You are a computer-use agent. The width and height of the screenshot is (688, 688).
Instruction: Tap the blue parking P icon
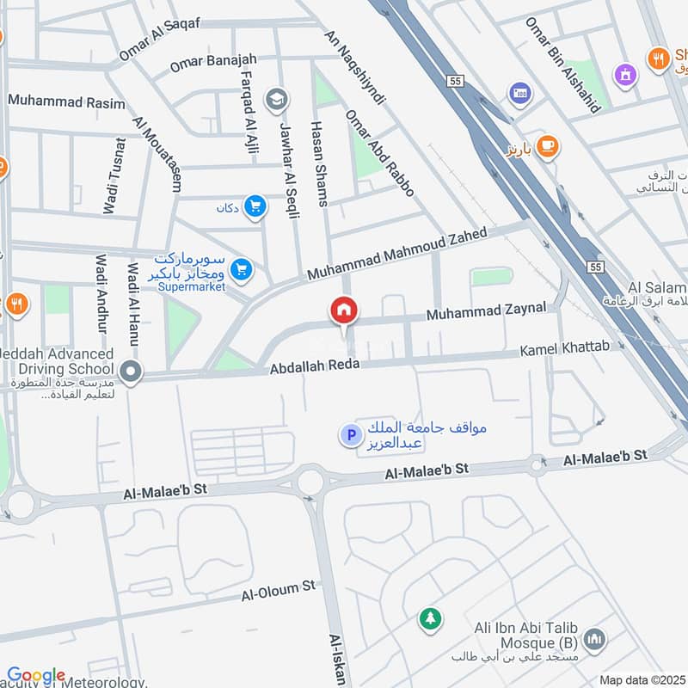point(350,437)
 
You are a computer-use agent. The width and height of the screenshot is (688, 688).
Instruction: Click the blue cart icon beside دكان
point(254,206)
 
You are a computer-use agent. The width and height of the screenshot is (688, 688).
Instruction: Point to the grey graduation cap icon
point(276,100)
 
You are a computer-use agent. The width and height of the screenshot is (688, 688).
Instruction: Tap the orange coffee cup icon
point(546,148)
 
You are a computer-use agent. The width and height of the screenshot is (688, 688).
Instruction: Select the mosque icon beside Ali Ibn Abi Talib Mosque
point(593,639)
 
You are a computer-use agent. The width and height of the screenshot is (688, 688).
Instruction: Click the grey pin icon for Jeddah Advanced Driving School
point(131,372)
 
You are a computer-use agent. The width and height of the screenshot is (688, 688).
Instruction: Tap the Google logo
point(35,676)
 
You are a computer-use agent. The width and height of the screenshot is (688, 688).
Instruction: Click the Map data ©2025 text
point(642,679)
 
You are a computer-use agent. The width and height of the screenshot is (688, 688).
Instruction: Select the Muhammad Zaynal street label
point(485,312)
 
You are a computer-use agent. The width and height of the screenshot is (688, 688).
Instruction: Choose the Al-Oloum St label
point(279,591)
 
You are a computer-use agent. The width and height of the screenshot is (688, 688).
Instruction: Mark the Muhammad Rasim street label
point(66,101)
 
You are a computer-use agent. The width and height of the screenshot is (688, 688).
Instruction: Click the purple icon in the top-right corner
point(625,75)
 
